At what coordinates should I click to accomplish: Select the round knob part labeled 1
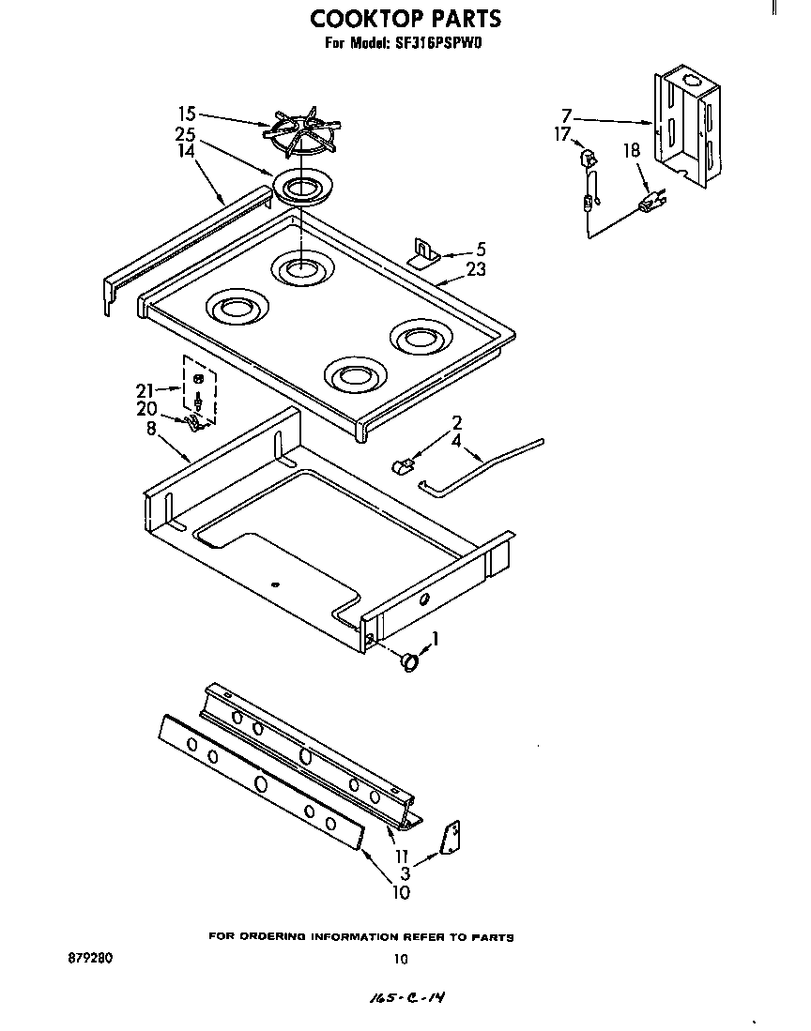(409, 661)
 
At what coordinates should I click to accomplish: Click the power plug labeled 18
(652, 202)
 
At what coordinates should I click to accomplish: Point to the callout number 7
(566, 116)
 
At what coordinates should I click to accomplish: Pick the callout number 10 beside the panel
(401, 892)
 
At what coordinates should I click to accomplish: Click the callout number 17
(561, 134)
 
